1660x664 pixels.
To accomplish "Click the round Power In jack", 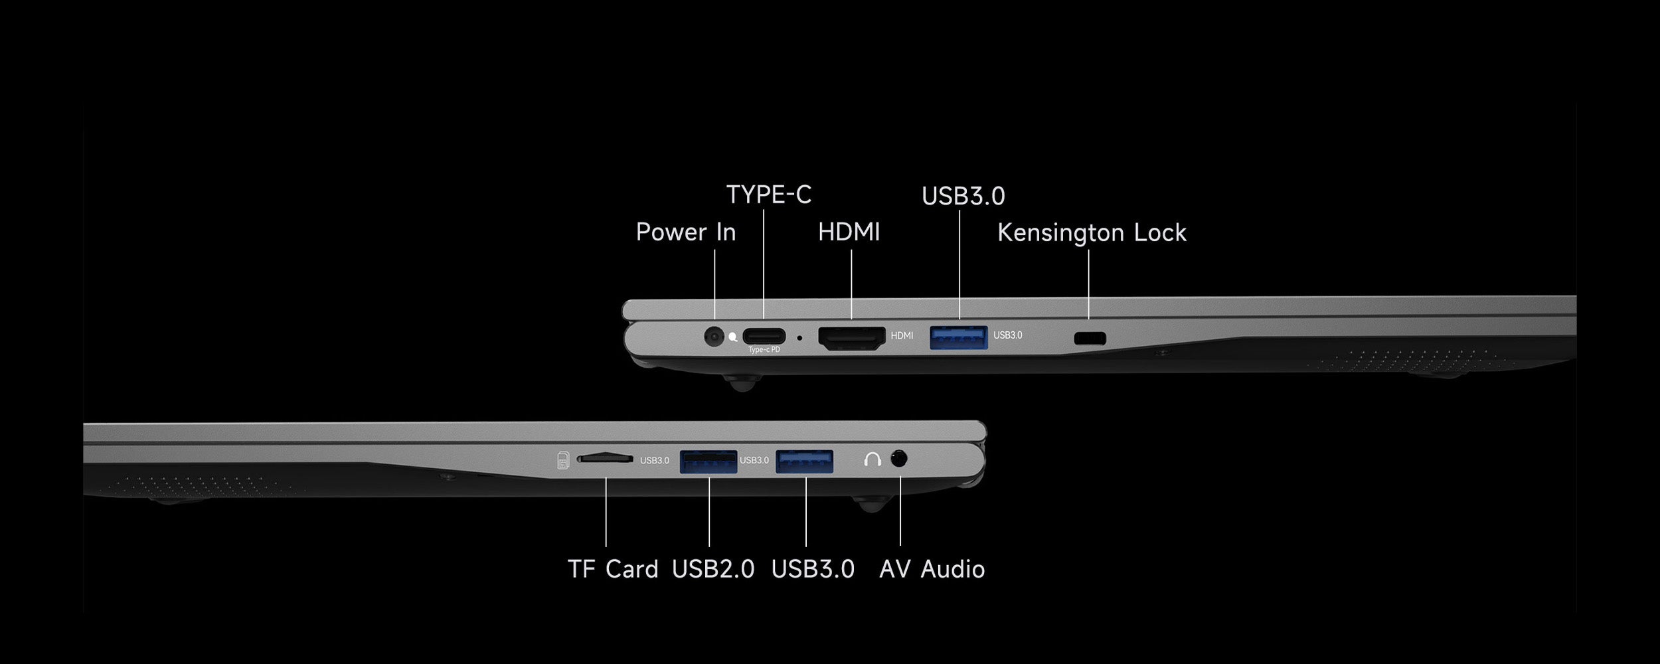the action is pyautogui.click(x=714, y=337).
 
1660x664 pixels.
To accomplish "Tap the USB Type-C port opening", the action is pyautogui.click(x=764, y=336).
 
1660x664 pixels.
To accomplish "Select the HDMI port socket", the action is pyautogui.click(x=852, y=338).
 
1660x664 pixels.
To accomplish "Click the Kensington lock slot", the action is pyautogui.click(x=1090, y=338).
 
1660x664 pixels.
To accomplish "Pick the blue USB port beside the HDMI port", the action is pyautogui.click(x=959, y=337).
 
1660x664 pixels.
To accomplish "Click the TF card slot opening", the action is pyautogui.click(x=604, y=458).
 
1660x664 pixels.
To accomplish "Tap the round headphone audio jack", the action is pyautogui.click(x=898, y=459).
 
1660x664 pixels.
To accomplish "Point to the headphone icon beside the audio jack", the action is pyautogui.click(x=872, y=459).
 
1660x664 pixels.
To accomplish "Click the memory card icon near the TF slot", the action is pyautogui.click(x=563, y=460).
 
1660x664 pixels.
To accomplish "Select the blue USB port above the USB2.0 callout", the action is pyautogui.click(x=708, y=461).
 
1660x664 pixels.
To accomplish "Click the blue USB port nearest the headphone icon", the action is pyautogui.click(x=805, y=461).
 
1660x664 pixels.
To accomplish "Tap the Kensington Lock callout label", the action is pyautogui.click(x=1092, y=233).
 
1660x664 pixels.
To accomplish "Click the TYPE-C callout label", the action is pyautogui.click(x=769, y=195).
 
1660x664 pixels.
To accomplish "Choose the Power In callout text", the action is pyautogui.click(x=686, y=232).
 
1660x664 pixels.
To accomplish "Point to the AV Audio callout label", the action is pyautogui.click(x=932, y=569).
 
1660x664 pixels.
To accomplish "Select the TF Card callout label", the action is pyautogui.click(x=613, y=569).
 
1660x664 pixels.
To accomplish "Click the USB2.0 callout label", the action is pyautogui.click(x=713, y=569).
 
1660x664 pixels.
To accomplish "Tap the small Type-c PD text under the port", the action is pyautogui.click(x=764, y=350).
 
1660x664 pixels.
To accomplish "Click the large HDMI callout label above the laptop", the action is pyautogui.click(x=849, y=232).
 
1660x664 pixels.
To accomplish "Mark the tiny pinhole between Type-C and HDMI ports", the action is pyautogui.click(x=799, y=338).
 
